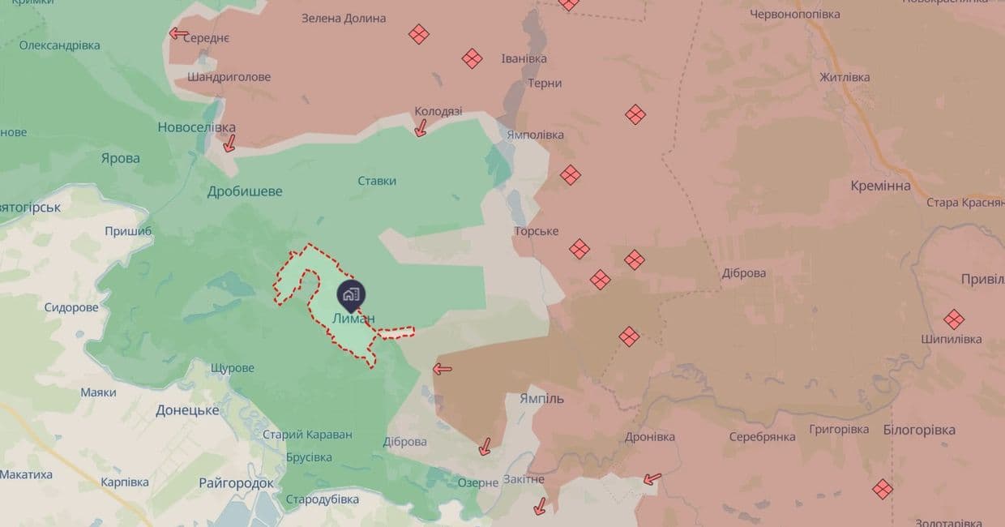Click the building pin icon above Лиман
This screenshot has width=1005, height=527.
pos(351,294)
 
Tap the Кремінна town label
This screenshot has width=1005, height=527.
pos(880,186)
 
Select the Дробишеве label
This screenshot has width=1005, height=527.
pos(245,191)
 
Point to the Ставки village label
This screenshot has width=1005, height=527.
pos(377,181)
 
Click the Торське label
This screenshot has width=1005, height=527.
pos(536,231)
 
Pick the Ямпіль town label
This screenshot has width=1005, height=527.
pos(541,399)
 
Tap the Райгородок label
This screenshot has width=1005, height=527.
pos(236,483)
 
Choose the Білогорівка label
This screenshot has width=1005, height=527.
pos(919,430)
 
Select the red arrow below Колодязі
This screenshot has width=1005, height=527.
pos(421,128)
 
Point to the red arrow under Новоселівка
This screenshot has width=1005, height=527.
pos(229,144)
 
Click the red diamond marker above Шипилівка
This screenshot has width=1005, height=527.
pos(954,319)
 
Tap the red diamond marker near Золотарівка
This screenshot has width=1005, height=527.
pos(883,489)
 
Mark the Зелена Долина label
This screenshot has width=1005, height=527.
pos(344,18)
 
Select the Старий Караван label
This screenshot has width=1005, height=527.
pos(307,435)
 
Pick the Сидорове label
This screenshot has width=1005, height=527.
pos(71,307)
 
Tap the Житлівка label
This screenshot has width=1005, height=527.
pos(845,77)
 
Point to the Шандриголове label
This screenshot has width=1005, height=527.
pos(229,77)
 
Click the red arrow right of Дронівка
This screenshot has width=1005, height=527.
pos(652,479)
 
